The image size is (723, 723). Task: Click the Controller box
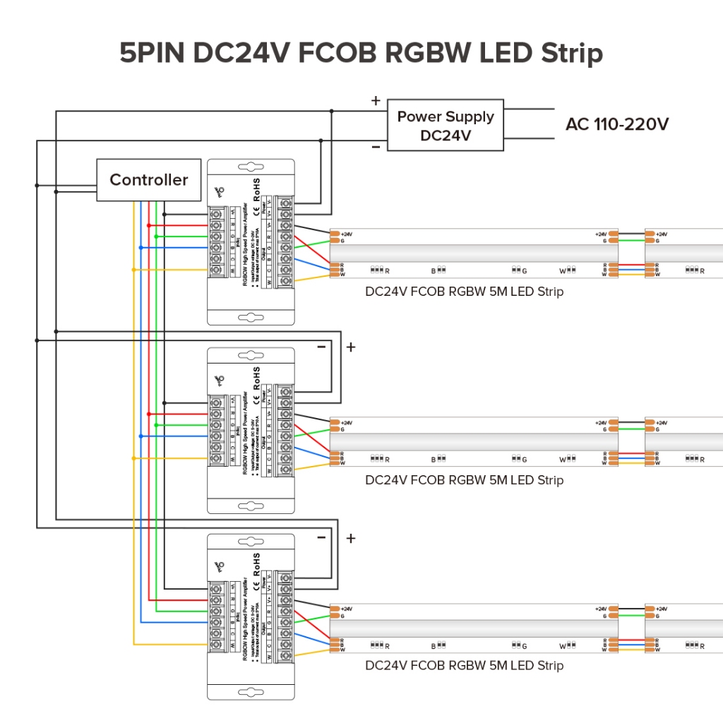coord(148,180)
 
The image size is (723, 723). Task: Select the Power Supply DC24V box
coord(446,125)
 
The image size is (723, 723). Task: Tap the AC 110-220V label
coord(617,124)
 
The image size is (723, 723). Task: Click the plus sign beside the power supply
coord(376,101)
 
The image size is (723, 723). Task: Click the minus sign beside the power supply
coord(376,147)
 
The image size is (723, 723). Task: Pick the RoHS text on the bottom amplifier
coord(257,563)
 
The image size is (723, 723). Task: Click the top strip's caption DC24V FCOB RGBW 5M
coord(464,292)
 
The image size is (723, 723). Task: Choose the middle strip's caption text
coord(464,480)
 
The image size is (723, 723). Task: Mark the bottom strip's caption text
coord(464,665)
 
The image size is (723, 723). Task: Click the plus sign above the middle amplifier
coord(351,347)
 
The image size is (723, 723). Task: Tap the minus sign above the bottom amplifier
coord(322,538)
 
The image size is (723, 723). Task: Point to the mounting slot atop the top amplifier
coord(250,169)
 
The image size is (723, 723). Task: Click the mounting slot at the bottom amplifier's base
coord(250,693)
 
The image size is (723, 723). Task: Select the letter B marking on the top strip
coord(434,270)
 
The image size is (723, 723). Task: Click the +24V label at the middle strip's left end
coord(347,422)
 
